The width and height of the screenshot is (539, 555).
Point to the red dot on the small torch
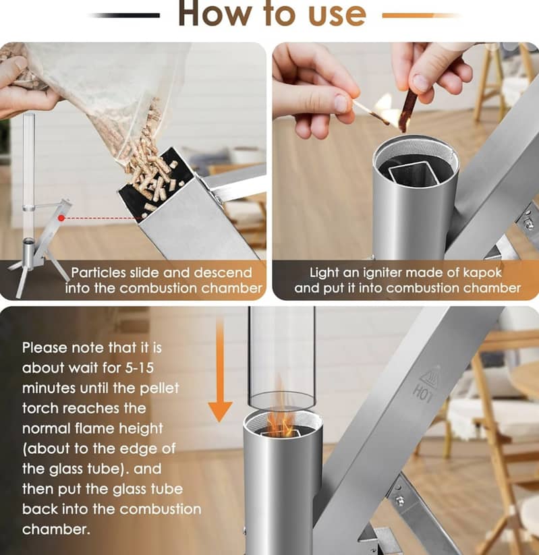(62, 218)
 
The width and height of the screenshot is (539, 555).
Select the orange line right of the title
(418, 15)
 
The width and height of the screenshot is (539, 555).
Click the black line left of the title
(125, 15)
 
